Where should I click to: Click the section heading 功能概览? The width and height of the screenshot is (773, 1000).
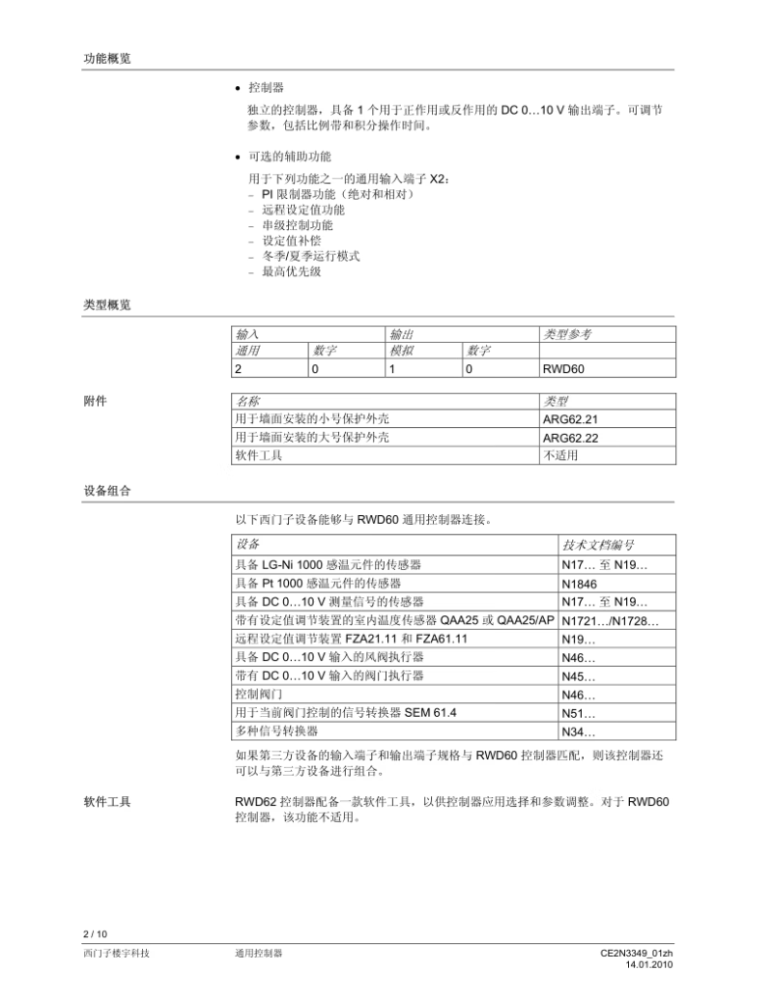coord(106,59)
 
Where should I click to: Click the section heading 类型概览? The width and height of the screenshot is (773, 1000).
coord(106,305)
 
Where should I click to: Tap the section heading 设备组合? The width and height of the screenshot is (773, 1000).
coord(106,491)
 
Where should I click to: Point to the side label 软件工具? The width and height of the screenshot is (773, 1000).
coord(106,802)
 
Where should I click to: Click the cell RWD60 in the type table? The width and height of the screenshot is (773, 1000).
coord(563,368)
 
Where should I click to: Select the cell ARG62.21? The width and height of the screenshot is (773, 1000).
coord(571,419)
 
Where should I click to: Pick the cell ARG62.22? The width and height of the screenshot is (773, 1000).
coord(571,438)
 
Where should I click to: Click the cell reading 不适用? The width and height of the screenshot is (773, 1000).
coord(560,455)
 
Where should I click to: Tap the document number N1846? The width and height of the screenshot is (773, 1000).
coord(579,584)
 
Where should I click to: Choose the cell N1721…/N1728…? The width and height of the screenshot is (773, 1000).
coord(610,619)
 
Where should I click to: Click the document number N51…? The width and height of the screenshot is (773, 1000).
coord(578,713)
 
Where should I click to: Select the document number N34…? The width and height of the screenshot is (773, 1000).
coord(578,731)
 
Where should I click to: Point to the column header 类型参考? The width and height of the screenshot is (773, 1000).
coord(567,334)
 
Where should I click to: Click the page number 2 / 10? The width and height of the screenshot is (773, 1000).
coord(95,933)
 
